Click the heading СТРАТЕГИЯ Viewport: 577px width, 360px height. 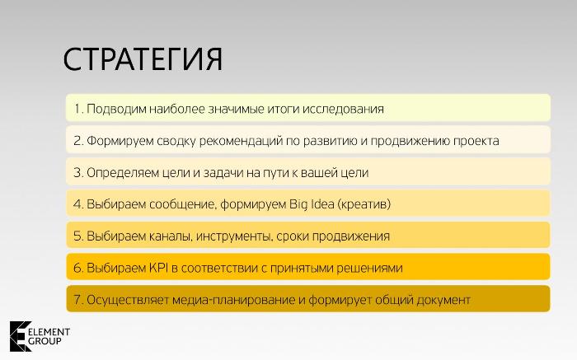[143, 59]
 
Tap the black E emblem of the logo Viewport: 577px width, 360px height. [19, 336]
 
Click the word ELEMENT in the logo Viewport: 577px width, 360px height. [49, 332]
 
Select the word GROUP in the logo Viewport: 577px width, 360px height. [45, 341]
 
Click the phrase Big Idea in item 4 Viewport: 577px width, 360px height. [312, 204]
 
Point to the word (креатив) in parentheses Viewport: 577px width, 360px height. [364, 204]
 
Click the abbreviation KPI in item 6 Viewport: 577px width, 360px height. [158, 268]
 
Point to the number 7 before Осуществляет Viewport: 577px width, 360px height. [77, 300]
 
